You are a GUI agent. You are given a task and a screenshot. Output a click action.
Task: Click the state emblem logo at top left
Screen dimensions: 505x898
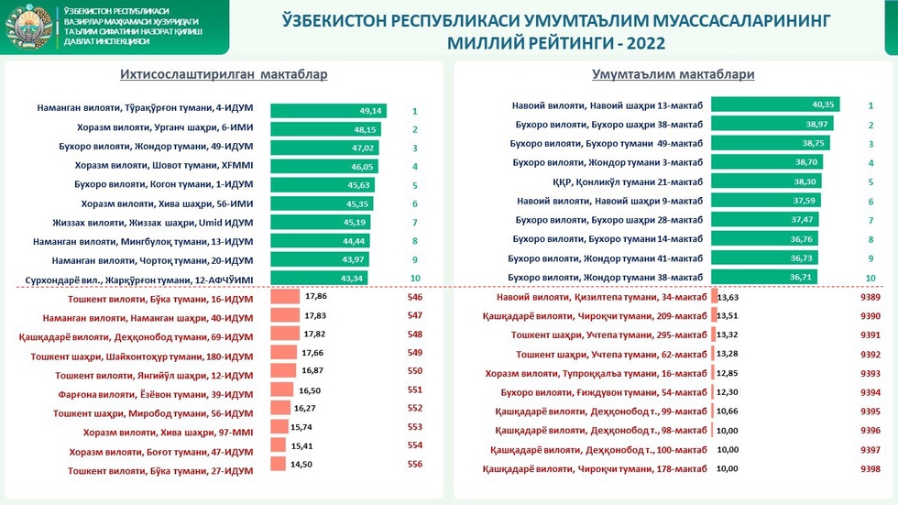[28, 28]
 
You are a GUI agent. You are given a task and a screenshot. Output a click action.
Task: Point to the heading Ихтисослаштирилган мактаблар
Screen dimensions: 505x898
[224, 75]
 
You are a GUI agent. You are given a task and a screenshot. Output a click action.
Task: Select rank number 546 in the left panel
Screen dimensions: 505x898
[415, 298]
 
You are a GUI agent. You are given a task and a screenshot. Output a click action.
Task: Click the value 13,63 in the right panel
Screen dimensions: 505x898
[728, 297]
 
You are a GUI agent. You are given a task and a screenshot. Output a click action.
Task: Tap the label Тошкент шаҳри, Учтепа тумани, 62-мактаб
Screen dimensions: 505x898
[611, 354]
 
